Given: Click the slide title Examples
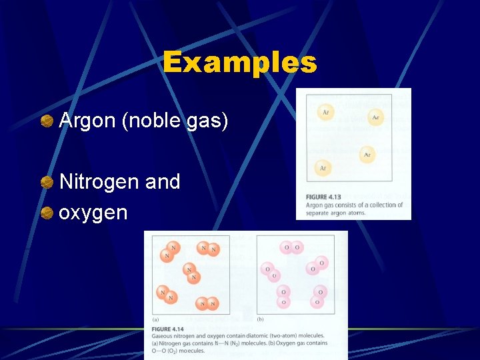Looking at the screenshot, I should tap(239, 63).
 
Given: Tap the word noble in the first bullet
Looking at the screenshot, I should tap(145, 121).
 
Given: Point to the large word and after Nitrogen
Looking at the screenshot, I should tap(162, 181).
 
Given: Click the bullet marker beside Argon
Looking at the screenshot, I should tap(47, 121).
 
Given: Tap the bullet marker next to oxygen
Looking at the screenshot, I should tap(47, 213).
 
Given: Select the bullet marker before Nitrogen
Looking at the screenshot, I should tap(47, 182).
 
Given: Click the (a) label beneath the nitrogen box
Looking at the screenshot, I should tap(155, 319).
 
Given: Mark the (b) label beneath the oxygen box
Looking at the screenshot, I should tap(261, 319).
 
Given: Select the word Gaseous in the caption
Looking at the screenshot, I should tap(163, 335).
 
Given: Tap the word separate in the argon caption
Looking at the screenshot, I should tap(318, 213).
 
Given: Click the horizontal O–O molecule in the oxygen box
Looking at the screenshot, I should tap(293, 247).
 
